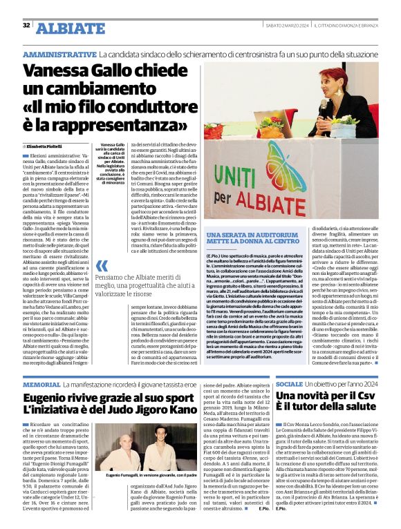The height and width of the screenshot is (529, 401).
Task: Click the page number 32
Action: point(26,26)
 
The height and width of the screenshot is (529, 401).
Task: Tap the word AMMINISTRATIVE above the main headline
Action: point(59,54)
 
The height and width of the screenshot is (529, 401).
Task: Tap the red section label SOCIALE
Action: point(289,384)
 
